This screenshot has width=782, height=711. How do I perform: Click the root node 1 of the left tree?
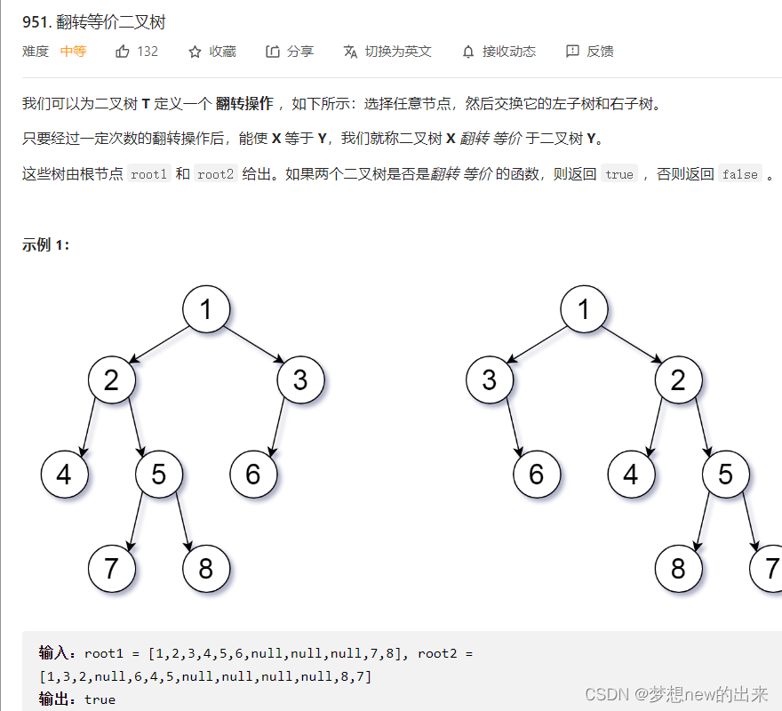coord(206,309)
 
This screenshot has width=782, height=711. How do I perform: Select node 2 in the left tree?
coord(111,380)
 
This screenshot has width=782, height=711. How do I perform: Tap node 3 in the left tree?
coord(300,380)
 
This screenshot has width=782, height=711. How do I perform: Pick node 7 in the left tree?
coord(111,568)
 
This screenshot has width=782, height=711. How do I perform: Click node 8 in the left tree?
coord(206,568)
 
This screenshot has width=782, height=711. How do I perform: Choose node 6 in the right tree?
coord(536,474)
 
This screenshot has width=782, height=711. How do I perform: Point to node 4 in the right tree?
coord(631,474)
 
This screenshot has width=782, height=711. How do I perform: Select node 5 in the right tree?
coord(725,474)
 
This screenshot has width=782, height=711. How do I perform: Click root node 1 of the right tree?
coord(584,309)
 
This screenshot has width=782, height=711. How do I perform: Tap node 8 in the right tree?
coord(678,568)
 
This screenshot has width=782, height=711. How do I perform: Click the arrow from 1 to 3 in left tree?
coord(253,345)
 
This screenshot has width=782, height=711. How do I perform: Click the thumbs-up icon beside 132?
coord(123,52)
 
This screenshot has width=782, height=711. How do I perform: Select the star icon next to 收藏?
coord(195,52)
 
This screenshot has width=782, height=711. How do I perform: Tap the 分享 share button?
coord(290,52)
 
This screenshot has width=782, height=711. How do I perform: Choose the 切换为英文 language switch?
coord(388,52)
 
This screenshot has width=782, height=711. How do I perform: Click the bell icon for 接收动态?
coord(468,52)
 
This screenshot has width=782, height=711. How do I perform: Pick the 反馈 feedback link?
coord(590,52)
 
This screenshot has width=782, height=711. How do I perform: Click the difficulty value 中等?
coord(73,52)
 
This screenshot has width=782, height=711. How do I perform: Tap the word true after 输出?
coord(100,699)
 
